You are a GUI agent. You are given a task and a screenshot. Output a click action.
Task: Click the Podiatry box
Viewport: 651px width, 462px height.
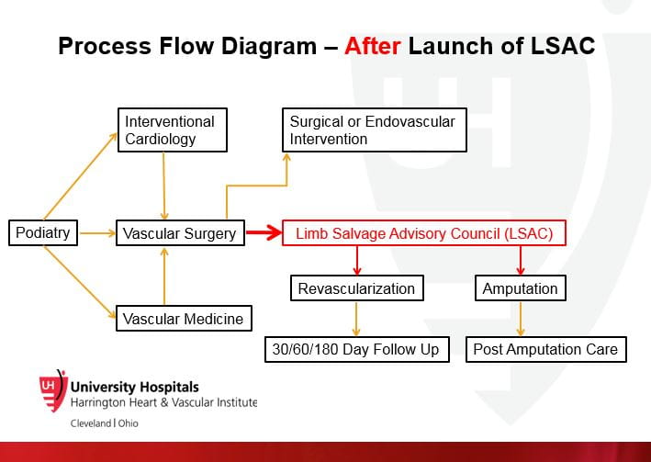tap(43, 232)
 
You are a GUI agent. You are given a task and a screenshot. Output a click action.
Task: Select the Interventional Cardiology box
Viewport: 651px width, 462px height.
tap(171, 130)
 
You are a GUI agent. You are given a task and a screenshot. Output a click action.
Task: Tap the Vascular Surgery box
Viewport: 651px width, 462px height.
tap(179, 233)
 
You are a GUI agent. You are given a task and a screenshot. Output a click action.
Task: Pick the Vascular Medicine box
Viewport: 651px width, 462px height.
tap(184, 319)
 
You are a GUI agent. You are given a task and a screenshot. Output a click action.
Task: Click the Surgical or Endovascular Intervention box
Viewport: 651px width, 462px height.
tap(374, 130)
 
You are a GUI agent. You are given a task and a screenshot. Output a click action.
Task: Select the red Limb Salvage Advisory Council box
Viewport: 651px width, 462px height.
tap(423, 233)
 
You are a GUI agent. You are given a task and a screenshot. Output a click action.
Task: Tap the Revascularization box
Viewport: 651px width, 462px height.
tap(356, 288)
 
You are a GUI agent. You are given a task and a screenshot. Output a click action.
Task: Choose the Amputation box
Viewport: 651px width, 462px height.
tap(520, 288)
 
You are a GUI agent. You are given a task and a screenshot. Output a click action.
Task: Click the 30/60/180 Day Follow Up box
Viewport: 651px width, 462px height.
tap(356, 349)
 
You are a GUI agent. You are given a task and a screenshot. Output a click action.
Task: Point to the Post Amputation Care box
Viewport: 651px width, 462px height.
tap(545, 349)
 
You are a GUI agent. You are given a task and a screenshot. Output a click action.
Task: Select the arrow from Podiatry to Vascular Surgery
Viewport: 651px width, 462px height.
tap(96, 233)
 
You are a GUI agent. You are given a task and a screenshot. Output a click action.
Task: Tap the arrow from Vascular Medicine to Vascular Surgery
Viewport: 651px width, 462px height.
tap(164, 276)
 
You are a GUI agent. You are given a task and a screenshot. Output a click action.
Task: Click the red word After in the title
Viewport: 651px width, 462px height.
tap(372, 46)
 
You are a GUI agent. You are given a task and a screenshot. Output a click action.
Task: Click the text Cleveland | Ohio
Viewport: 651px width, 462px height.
tap(105, 423)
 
